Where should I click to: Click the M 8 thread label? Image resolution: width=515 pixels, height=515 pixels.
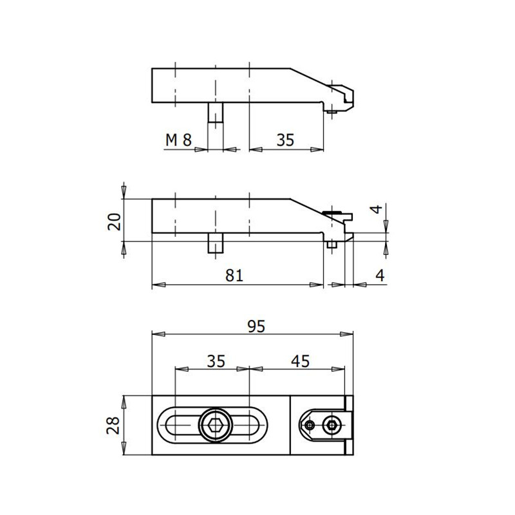(x=178, y=140)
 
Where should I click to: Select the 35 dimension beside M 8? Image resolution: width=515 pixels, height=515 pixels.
(x=286, y=140)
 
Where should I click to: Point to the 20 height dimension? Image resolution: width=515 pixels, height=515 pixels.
(x=115, y=221)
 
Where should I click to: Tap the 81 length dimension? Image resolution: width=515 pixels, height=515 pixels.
(x=235, y=275)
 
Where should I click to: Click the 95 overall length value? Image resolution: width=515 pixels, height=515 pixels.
(x=256, y=326)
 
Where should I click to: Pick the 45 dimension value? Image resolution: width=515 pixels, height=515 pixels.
(x=299, y=361)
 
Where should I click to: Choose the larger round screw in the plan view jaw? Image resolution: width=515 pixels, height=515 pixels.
(x=332, y=425)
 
